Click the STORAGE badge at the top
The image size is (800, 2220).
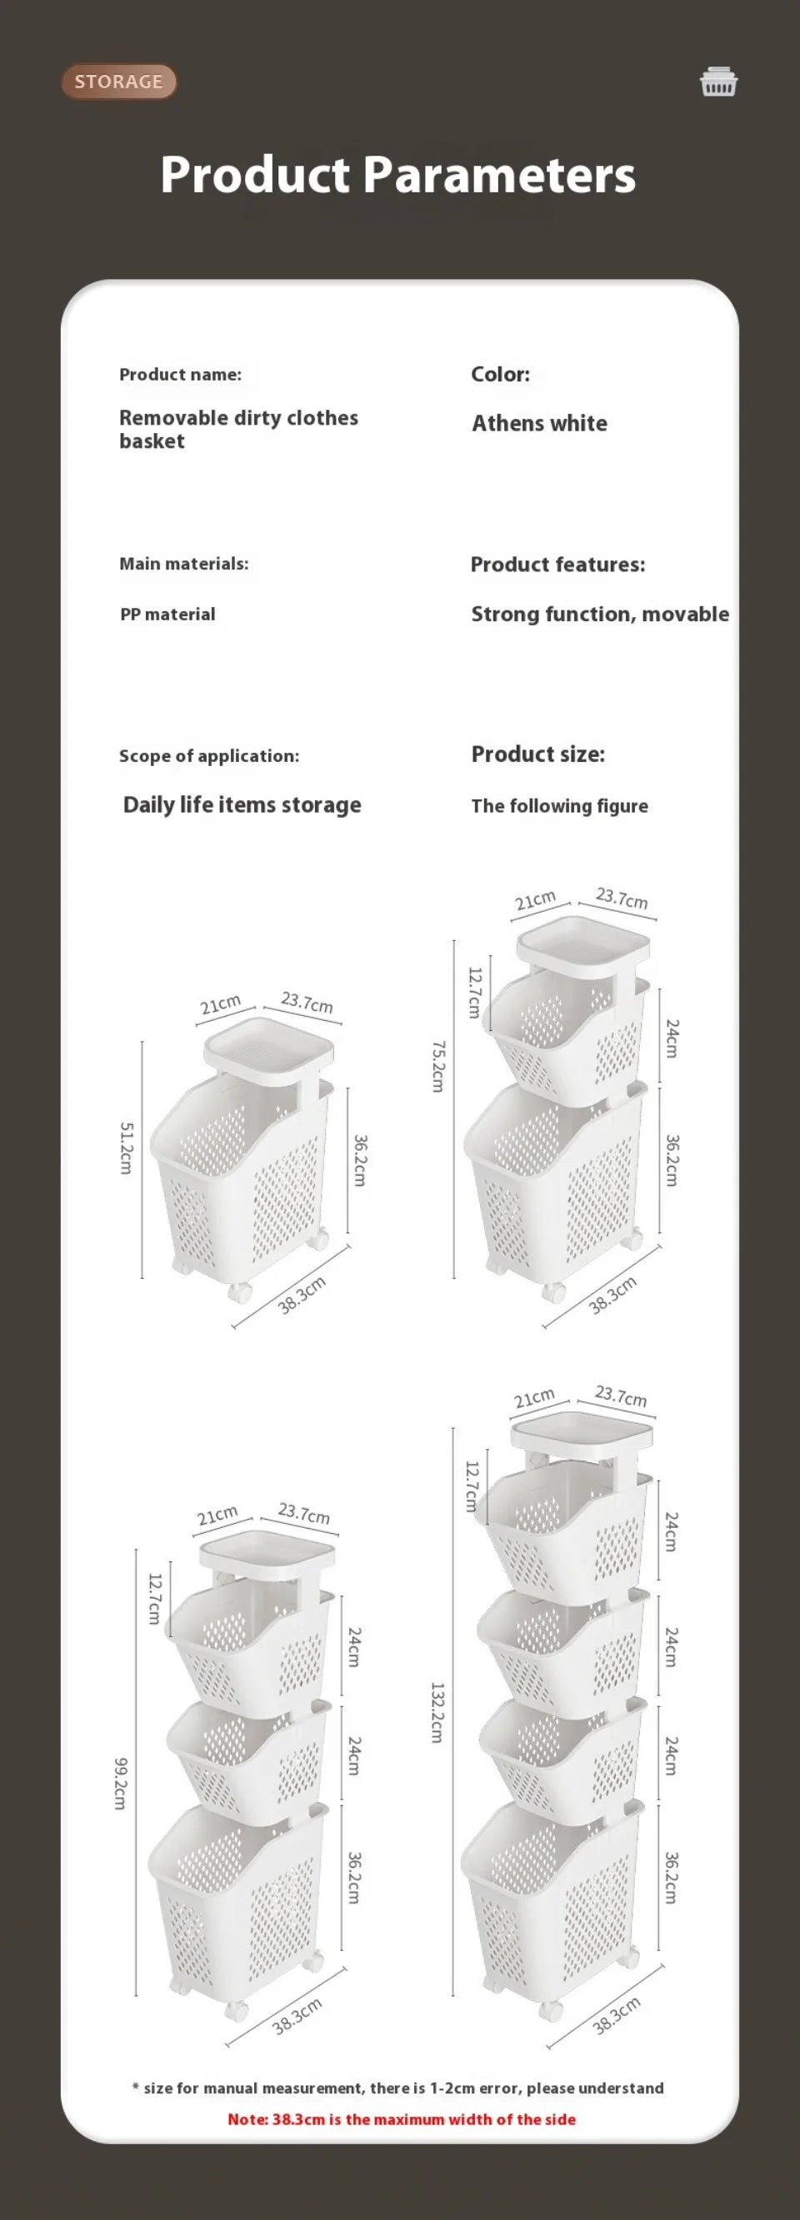coord(118,82)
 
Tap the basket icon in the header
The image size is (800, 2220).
coord(718,82)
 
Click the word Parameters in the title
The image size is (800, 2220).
coord(499,175)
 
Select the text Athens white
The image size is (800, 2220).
coord(539,423)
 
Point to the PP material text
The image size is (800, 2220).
coord(167,615)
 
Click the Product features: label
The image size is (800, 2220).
coord(557,565)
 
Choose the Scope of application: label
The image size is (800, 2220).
coord(208,756)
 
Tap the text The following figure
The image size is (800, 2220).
coord(558,806)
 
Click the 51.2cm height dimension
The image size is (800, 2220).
coord(126,1147)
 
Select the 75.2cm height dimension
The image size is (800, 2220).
coord(438,1066)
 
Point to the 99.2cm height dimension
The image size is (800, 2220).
coord(121,1784)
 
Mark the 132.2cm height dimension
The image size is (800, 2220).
coord(437,1712)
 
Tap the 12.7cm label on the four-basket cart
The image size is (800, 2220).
coord(471,1486)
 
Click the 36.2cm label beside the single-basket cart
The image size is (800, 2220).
coord(360,1160)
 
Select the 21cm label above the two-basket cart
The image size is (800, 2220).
coord(535,901)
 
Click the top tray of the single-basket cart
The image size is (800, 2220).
coord(268,1046)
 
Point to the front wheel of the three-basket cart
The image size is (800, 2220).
coord(237,2011)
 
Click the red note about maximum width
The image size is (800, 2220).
coord(401,2119)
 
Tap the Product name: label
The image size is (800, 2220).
coord(180,375)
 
